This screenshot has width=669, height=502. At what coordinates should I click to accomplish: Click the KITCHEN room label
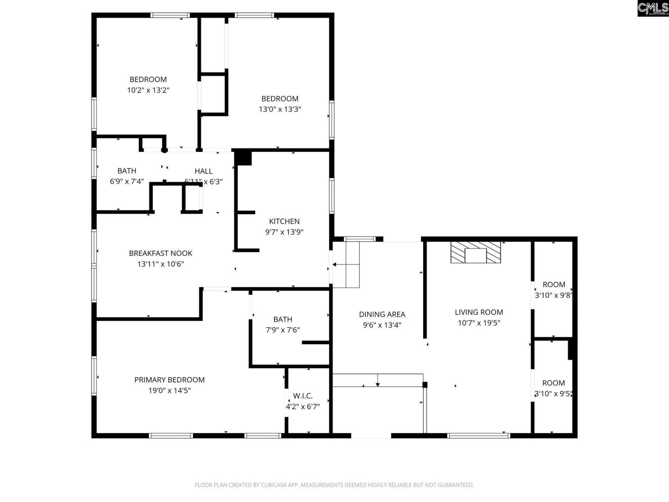(284, 221)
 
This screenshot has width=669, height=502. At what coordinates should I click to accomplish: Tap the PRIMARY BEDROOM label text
(169, 380)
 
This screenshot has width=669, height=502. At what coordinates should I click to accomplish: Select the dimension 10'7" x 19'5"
(479, 323)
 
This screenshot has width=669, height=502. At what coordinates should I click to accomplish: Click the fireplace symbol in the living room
(476, 252)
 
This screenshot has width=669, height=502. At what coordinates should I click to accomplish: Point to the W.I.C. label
(302, 396)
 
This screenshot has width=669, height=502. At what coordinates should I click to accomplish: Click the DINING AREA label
(382, 314)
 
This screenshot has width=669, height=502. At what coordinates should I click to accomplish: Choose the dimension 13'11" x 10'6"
(160, 264)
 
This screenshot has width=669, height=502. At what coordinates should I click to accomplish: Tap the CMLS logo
(653, 8)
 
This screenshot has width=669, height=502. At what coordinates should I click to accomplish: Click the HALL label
(203, 171)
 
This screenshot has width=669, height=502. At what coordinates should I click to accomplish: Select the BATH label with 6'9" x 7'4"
(126, 170)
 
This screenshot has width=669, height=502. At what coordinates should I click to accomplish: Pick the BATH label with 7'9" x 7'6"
(283, 319)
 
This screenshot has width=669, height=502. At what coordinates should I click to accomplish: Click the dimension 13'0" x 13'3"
(280, 109)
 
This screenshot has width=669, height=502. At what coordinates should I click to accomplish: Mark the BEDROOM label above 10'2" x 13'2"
(148, 79)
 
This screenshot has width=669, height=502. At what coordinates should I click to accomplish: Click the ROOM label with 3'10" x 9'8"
(554, 284)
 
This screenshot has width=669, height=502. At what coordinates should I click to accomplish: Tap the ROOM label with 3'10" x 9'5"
(553, 383)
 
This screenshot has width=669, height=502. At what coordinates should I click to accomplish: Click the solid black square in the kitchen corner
(243, 158)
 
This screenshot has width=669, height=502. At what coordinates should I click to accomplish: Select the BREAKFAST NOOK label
(160, 253)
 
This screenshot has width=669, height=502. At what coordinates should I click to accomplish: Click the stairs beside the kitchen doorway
(346, 265)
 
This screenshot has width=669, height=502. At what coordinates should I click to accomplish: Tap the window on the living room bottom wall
(478, 435)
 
